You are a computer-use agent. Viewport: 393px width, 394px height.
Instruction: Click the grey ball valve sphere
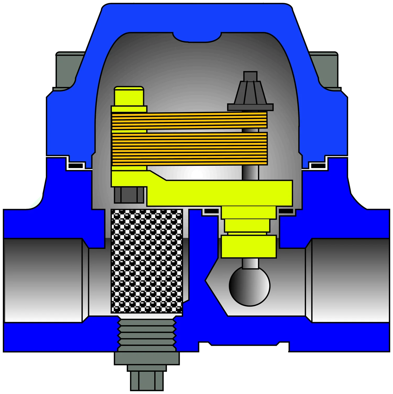coord(249,286)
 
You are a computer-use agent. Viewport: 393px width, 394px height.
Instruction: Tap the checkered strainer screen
coord(147,261)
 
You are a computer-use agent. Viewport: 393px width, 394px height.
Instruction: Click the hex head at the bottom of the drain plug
coord(147,381)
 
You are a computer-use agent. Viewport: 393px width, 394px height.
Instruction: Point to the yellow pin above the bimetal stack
coord(129,96)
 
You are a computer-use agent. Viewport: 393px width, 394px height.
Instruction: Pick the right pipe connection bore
coord(350,280)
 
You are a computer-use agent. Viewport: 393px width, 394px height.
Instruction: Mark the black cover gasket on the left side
coord(75,166)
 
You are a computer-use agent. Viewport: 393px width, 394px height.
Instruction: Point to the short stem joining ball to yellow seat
coord(250,263)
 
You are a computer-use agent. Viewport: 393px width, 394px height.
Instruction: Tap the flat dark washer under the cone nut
coord(250,107)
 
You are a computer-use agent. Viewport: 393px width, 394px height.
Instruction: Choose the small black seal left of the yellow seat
coord(212,211)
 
